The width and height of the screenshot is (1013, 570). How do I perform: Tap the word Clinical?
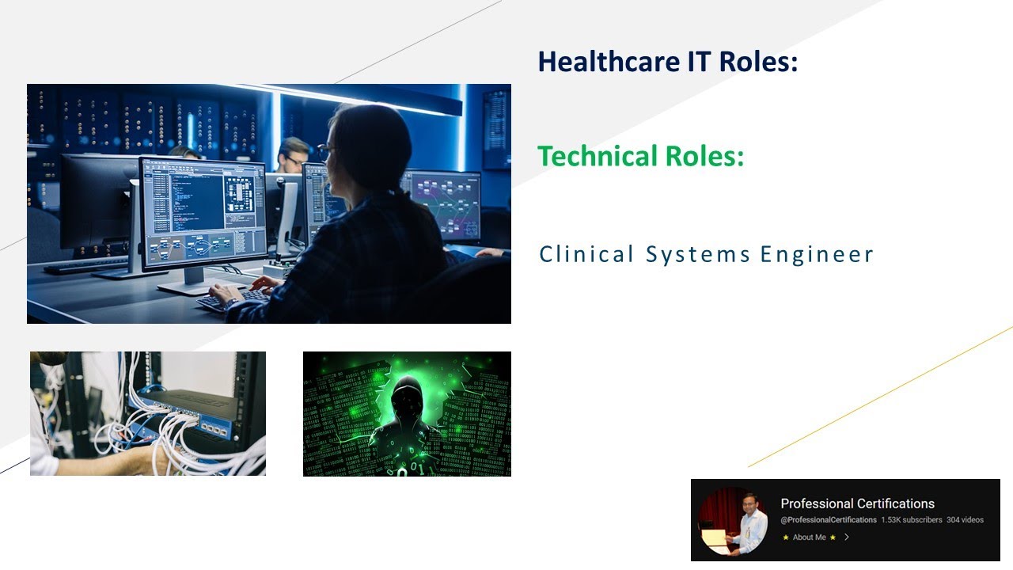586,254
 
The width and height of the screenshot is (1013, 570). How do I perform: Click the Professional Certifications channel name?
857,503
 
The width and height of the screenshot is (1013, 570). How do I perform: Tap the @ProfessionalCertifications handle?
829,520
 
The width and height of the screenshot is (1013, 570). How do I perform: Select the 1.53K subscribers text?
911,520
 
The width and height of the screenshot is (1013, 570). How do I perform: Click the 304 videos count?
965,520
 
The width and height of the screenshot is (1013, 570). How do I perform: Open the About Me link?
809,538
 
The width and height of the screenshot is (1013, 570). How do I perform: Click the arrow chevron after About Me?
847,538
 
